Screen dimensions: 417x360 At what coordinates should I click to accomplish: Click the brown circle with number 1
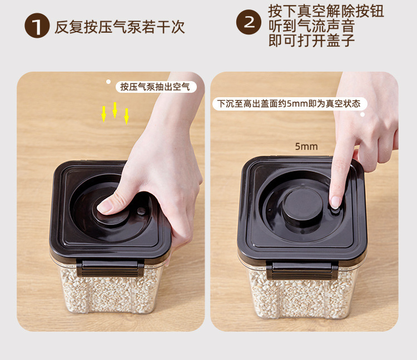coord(37,26)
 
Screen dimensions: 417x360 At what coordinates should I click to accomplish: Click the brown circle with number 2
coord(249,22)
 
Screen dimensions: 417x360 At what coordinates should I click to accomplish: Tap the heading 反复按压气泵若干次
coord(120,27)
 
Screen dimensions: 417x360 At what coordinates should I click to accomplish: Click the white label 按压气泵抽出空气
coord(156,87)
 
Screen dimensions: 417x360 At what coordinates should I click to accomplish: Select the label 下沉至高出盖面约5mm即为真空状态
coord(290,104)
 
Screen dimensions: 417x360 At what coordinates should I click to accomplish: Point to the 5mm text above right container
coord(306,146)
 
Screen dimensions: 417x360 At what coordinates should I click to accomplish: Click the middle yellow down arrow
coord(115,110)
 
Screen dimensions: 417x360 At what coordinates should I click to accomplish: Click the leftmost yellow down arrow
coord(104,114)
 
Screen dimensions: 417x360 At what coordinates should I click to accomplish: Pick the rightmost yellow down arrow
coord(127,116)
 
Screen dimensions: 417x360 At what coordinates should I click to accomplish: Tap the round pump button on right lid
coord(302,205)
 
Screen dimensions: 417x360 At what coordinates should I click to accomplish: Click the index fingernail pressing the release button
coord(335,202)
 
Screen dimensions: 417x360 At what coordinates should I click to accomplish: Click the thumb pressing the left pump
coord(109,204)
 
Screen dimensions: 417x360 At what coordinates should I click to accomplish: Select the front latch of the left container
coord(110,268)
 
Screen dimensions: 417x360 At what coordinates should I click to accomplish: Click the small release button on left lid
coord(141,211)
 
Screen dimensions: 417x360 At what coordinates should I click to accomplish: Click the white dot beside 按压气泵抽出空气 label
coord(108,82)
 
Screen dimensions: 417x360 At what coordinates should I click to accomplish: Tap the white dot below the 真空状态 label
coord(363,114)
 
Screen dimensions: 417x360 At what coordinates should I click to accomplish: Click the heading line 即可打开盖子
coord(311,41)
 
